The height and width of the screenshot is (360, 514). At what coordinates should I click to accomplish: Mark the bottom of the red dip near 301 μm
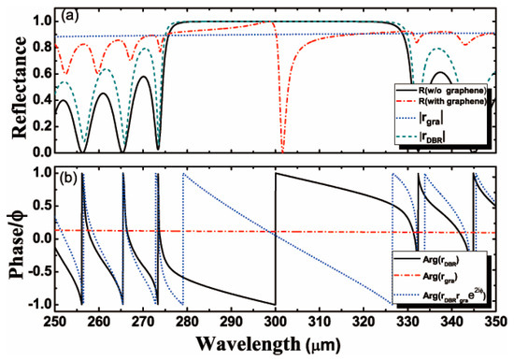tap(281, 151)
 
